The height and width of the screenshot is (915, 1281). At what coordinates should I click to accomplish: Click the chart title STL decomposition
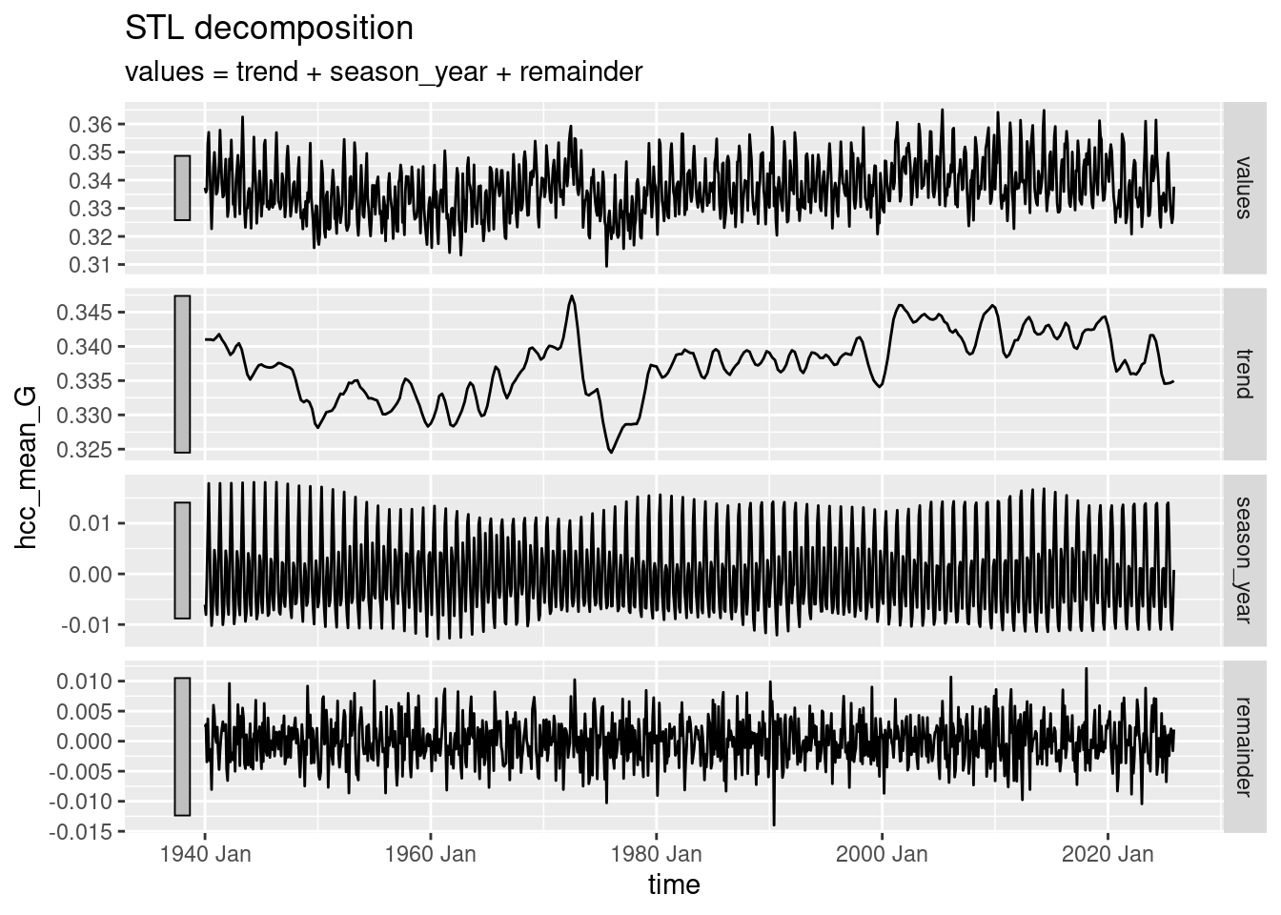point(269,29)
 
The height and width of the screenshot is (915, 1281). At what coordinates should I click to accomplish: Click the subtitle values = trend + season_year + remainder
point(383,71)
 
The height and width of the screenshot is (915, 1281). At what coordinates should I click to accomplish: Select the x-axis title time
point(674,884)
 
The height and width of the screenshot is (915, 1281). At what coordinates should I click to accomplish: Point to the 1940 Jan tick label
point(205,854)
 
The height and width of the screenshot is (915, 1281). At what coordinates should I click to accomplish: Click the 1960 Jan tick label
point(430,854)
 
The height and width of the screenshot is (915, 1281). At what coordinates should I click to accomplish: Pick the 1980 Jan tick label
point(656,854)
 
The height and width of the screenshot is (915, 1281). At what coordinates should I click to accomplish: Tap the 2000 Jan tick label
point(882,854)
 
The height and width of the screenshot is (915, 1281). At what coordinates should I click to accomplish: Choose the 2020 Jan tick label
point(1107,854)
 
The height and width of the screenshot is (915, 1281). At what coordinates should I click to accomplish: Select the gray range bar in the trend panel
point(182,374)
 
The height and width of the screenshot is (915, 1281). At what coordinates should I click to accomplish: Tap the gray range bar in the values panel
point(182,188)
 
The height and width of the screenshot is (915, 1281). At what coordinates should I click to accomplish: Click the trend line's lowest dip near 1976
point(611,452)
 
